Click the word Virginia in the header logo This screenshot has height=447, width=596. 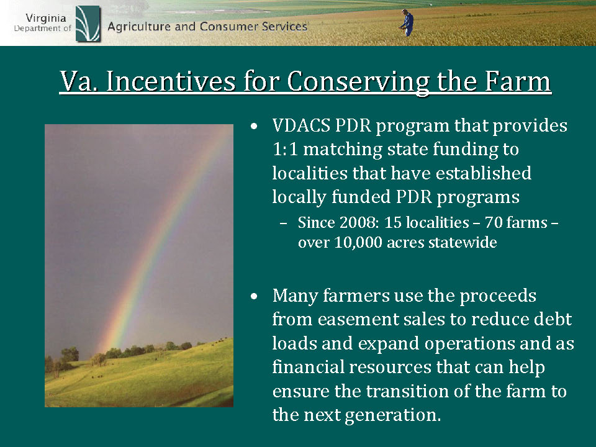[45, 18]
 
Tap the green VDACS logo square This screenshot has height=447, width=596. [88, 24]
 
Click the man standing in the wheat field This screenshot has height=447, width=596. [407, 23]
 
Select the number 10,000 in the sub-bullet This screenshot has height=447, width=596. [358, 243]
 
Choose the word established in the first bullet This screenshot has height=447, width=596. [483, 173]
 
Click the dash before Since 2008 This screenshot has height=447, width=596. [283, 223]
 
